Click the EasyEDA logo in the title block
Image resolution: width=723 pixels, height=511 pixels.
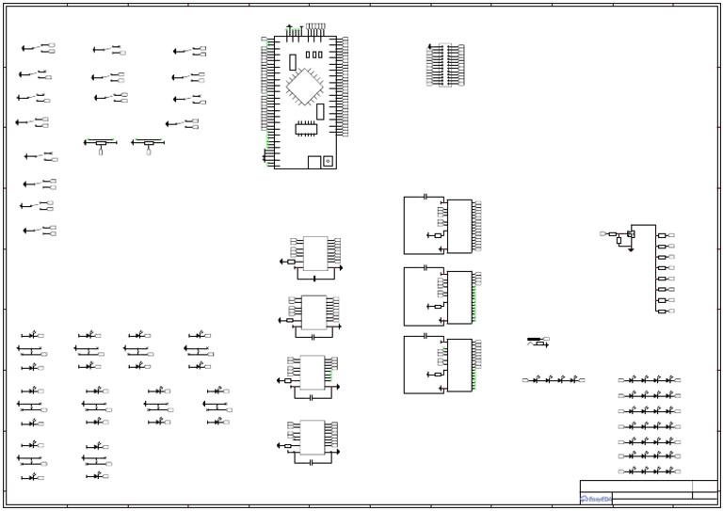pyautogui.click(x=596, y=499)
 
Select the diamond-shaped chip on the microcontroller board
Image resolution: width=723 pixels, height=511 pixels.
pyautogui.click(x=304, y=86)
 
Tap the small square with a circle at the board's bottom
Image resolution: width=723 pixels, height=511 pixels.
pyautogui.click(x=328, y=161)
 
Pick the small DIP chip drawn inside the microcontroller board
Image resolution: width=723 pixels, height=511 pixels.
pyautogui.click(x=307, y=129)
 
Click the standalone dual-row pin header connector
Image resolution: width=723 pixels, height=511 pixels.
pyautogui.click(x=445, y=65)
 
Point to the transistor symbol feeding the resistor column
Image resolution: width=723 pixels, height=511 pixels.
pyautogui.click(x=630, y=233)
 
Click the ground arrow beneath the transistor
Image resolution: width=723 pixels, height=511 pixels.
pyautogui.click(x=631, y=249)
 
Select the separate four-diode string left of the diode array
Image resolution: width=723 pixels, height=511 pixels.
pyautogui.click(x=554, y=380)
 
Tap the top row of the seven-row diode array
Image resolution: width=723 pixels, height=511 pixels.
pyautogui.click(x=650, y=380)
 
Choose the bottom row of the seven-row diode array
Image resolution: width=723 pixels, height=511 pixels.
pyautogui.click(x=650, y=471)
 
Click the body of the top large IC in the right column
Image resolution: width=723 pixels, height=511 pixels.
pyautogui.click(x=459, y=226)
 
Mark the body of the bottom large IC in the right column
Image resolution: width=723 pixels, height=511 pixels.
pyautogui.click(x=459, y=365)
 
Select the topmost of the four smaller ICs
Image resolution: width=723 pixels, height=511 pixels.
pyautogui.click(x=315, y=253)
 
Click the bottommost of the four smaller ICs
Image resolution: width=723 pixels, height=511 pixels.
pyautogui.click(x=313, y=437)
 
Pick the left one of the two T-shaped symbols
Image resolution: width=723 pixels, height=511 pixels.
pyautogui.click(x=101, y=144)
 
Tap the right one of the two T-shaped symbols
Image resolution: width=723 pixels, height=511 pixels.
pyautogui.click(x=149, y=144)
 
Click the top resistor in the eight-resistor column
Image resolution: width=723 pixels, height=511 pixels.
pyautogui.click(x=662, y=235)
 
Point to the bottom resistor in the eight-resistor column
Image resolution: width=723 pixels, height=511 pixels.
pyautogui.click(x=662, y=311)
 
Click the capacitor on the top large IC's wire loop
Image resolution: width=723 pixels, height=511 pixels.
pyautogui.click(x=426, y=197)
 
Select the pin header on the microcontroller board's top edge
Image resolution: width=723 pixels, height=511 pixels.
pyautogui.click(x=315, y=26)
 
